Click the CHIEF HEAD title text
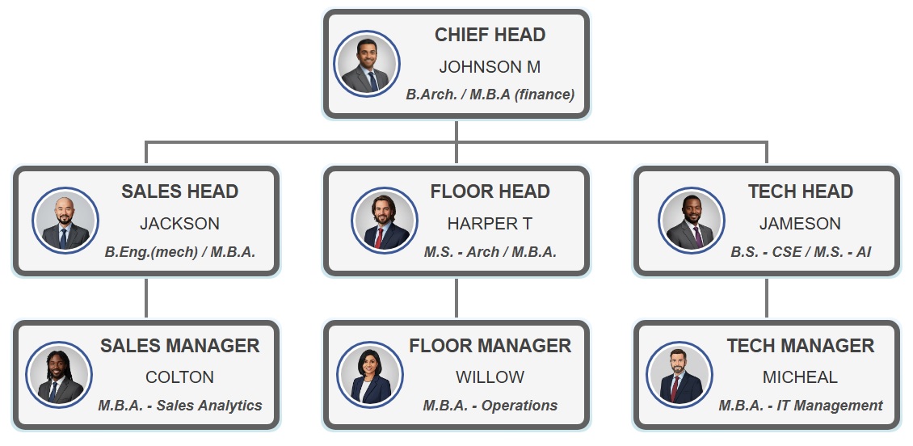click(490, 35)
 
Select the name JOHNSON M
click(490, 67)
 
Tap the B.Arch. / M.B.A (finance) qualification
click(490, 95)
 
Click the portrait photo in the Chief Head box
click(368, 64)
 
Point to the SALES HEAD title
click(179, 191)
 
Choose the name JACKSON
click(179, 224)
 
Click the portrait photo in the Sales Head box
click(66, 221)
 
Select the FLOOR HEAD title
click(490, 191)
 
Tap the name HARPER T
click(490, 224)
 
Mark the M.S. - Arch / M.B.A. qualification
click(490, 252)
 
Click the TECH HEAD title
click(800, 191)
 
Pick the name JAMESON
click(800, 224)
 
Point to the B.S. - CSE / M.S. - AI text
click(800, 252)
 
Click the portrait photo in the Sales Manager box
click(59, 374)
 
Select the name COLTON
click(179, 377)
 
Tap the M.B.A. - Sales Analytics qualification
click(179, 406)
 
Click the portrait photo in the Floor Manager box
click(369, 374)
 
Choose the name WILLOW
click(490, 377)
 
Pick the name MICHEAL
click(800, 377)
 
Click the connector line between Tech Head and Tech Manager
click(767, 298)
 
